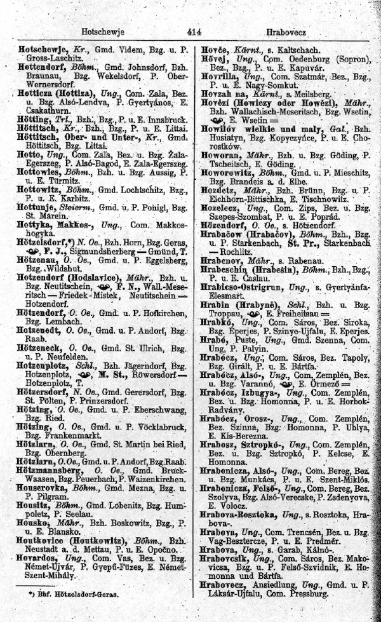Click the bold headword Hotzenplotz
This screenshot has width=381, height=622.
42,349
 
